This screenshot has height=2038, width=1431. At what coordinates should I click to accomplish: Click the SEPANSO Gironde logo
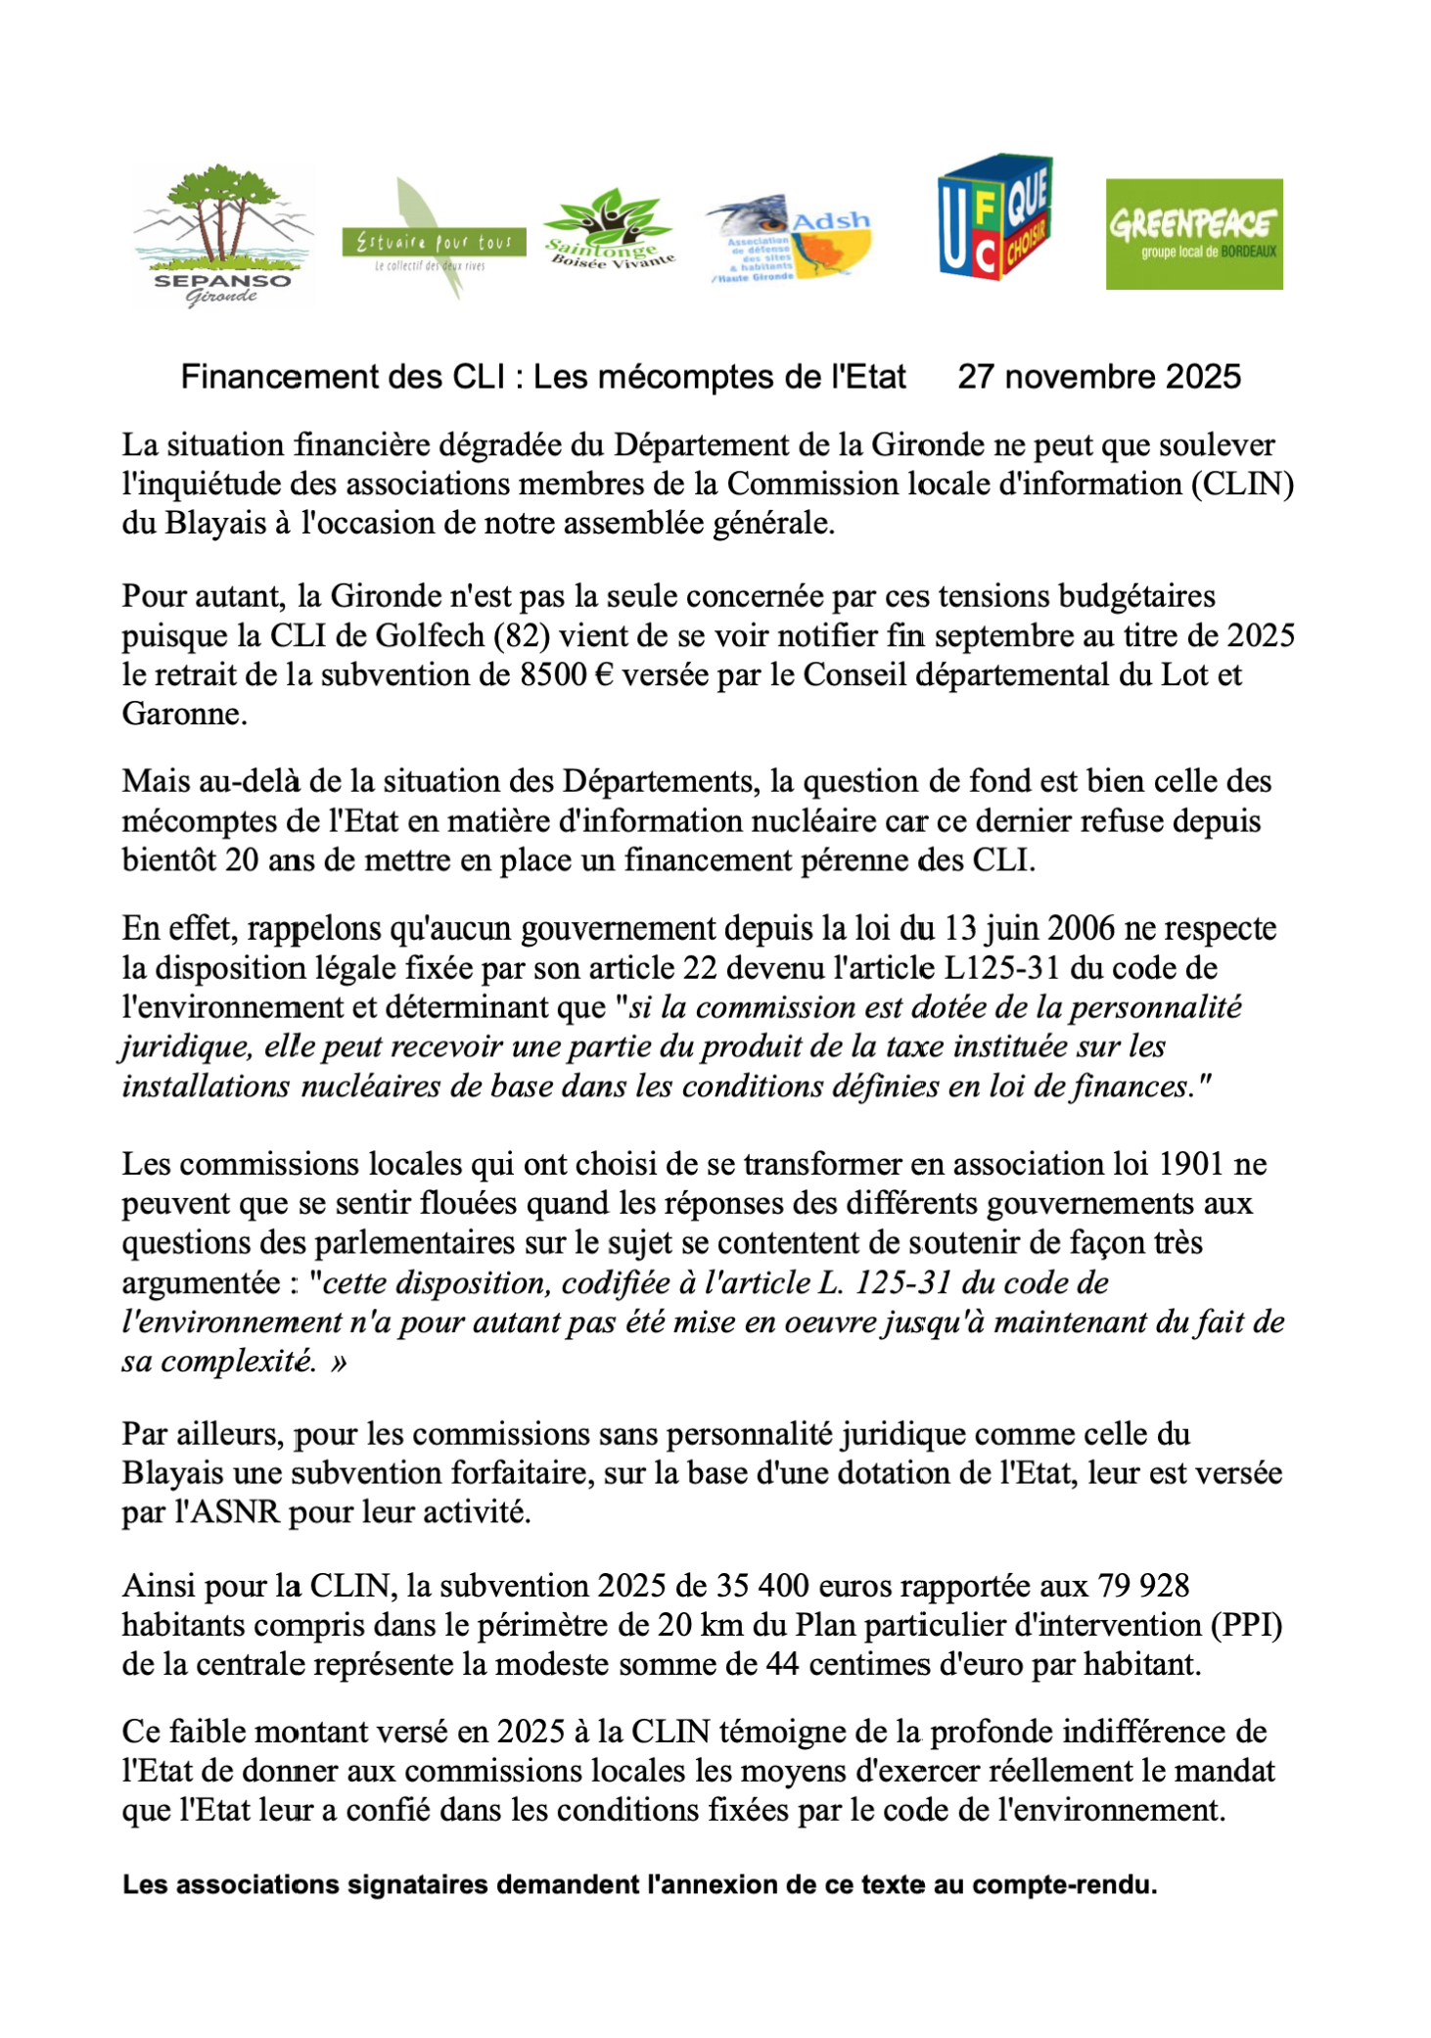click(x=223, y=235)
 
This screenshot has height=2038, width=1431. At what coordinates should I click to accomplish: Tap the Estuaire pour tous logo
click(x=433, y=241)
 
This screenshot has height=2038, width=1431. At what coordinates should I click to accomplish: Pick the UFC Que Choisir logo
click(x=994, y=216)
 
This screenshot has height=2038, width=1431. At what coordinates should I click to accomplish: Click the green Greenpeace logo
click(x=1193, y=234)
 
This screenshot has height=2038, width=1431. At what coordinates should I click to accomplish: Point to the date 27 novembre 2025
click(x=1098, y=377)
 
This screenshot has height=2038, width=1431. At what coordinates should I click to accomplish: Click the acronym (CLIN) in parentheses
click(x=1242, y=485)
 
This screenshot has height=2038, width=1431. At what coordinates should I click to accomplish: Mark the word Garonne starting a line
click(x=184, y=714)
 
